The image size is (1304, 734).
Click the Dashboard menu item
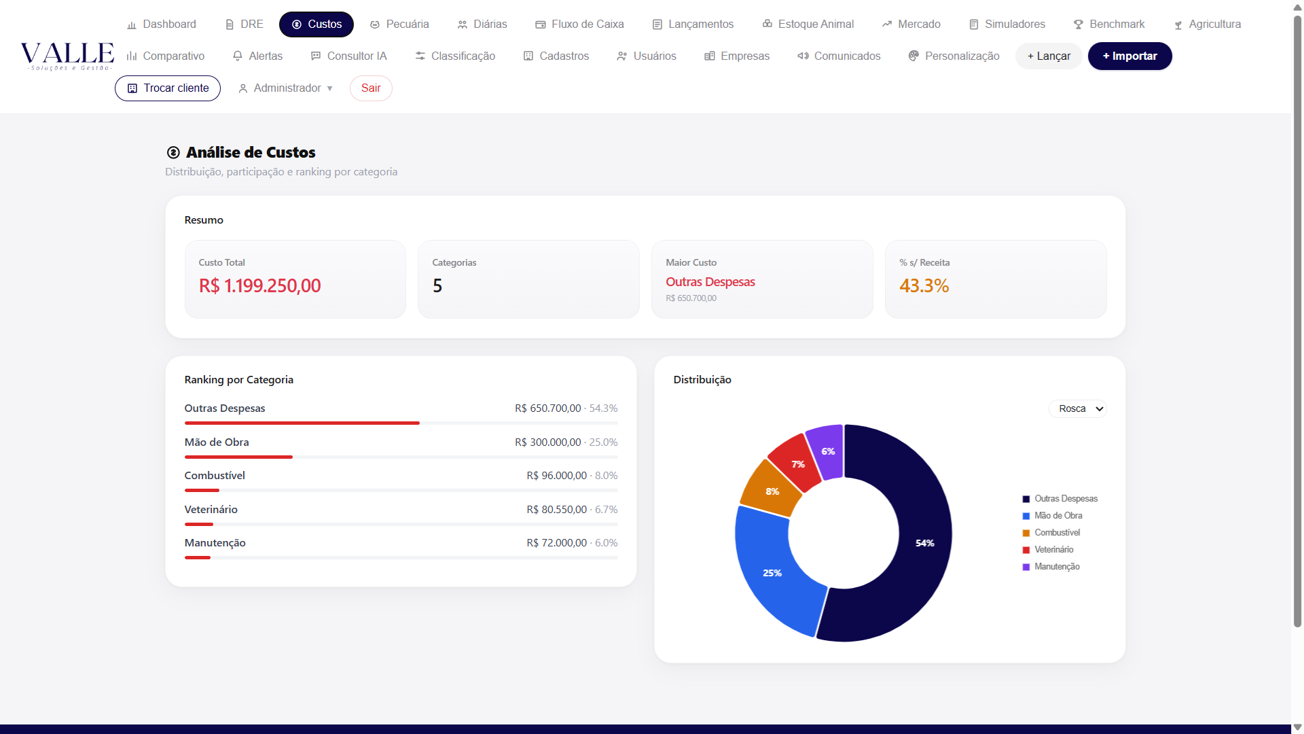tap(162, 24)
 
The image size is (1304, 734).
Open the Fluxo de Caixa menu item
tap(579, 24)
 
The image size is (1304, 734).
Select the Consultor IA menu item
tap(348, 56)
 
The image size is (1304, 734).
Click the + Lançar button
tap(1049, 56)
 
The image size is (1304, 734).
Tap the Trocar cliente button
tap(168, 88)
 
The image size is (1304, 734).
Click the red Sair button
tap(371, 88)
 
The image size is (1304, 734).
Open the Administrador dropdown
tap(286, 88)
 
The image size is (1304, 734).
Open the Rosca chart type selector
tap(1078, 408)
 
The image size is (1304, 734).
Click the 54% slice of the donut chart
tap(910, 544)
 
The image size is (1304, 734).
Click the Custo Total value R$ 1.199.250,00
tap(259, 286)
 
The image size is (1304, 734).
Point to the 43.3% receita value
tap(924, 286)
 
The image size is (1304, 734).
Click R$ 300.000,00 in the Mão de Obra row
tap(547, 442)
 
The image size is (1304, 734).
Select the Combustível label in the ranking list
tap(215, 476)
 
